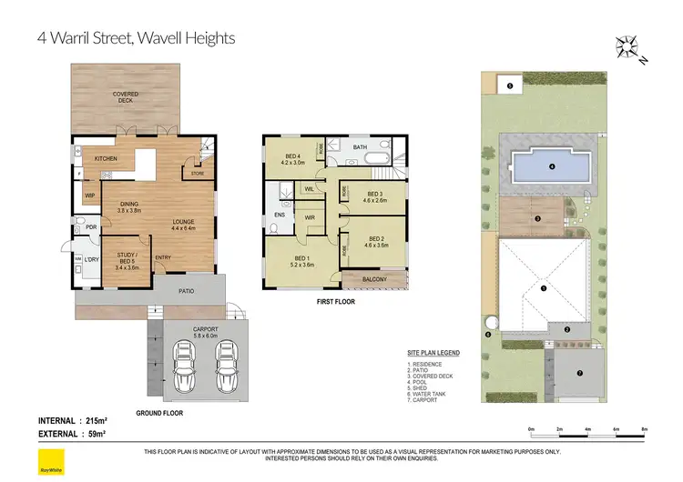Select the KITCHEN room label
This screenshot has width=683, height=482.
coord(107,159)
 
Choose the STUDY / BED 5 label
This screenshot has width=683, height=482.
coord(127,261)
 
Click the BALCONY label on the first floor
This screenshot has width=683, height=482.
coord(374,279)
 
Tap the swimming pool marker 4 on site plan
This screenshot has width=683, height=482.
coord(552,166)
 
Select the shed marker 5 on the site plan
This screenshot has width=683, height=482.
coord(510,85)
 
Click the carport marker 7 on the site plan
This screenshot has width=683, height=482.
coord(579,374)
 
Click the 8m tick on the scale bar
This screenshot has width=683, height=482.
coord(644,428)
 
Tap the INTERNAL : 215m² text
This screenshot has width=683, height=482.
coord(73,420)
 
